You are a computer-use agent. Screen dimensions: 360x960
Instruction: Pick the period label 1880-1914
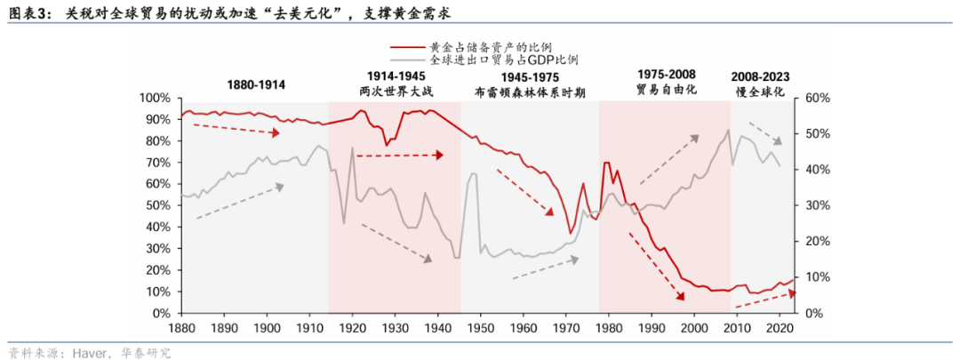coord(256,84)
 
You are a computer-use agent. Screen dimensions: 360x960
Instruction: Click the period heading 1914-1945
coord(394,76)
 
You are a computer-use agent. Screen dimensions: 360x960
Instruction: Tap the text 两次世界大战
coord(394,91)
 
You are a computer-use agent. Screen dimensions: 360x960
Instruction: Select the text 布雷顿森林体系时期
coord(530,91)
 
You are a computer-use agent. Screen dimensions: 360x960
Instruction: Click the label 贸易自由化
coord(666,91)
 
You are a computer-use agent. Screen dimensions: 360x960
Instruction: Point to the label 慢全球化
coord(760,91)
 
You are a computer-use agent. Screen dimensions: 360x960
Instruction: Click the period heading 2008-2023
coord(760,76)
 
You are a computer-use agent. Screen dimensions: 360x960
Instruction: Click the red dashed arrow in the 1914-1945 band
coord(399,155)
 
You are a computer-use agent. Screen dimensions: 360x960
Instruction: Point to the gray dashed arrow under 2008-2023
coord(764,132)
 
